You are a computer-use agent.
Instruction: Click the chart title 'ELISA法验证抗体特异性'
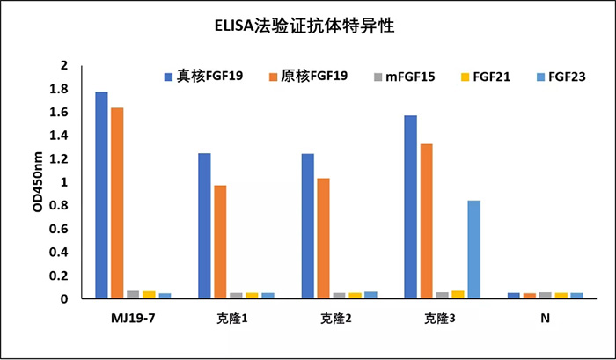[x=308, y=26]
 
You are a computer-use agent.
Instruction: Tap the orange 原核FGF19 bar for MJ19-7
[x=117, y=203]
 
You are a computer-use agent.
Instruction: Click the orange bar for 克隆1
[x=219, y=242]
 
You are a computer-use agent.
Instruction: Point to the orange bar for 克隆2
[x=323, y=239]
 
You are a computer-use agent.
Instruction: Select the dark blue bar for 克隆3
[x=410, y=207]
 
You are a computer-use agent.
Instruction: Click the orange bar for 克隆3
[x=426, y=221]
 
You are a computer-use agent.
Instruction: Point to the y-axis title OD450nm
[x=37, y=182]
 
